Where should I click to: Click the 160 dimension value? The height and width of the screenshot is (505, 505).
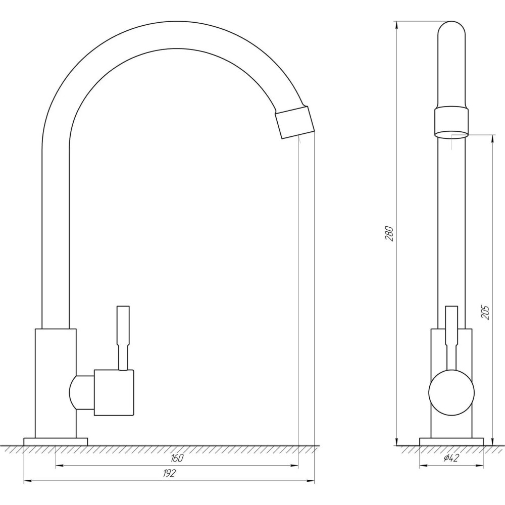[x=177, y=458]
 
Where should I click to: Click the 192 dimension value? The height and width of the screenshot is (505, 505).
[x=169, y=474]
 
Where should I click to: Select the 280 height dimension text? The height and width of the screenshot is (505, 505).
[x=389, y=234]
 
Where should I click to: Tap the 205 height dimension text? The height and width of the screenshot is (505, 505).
[x=485, y=312]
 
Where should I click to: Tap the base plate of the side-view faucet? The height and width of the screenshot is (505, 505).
[x=451, y=441]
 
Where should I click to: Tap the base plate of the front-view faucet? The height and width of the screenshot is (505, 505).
[x=56, y=441]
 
